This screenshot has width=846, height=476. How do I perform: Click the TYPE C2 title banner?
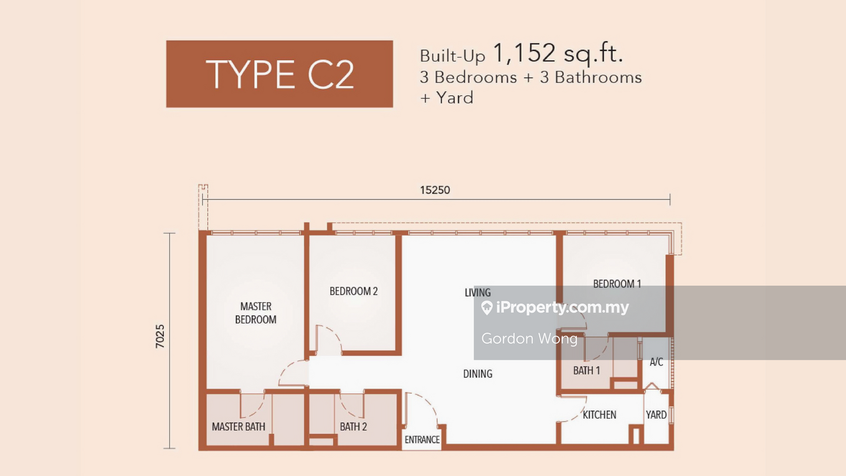280,74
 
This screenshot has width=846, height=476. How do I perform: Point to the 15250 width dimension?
435,190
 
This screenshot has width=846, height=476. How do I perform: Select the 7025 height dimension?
160,336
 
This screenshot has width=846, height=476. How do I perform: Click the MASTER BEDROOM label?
256,313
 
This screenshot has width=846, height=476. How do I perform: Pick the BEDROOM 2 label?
354,291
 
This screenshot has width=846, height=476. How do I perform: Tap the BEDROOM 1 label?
617,284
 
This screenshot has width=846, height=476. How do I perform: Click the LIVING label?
478,293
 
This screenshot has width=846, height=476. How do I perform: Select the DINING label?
478,374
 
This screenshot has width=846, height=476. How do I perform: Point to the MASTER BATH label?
239,427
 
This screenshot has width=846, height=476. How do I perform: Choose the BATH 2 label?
353,427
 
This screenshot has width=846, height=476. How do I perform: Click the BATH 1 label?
586,371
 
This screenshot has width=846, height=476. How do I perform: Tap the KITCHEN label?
599,415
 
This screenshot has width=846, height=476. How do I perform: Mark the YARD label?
656,415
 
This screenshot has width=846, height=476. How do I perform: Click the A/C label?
656,362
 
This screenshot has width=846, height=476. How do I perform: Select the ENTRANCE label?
422,440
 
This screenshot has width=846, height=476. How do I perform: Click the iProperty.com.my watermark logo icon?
487,307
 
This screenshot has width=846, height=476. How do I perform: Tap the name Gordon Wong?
529,338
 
